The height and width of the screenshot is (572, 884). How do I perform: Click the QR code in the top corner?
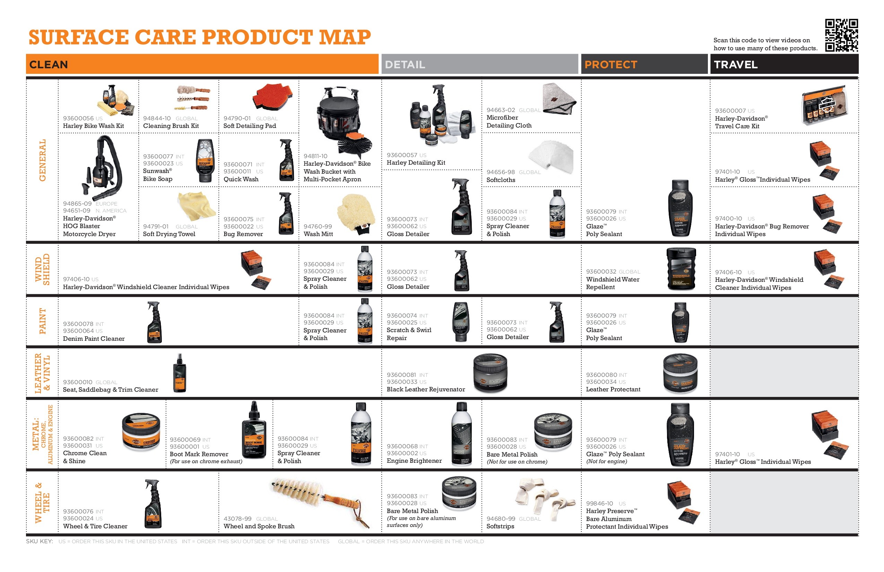point(841,35)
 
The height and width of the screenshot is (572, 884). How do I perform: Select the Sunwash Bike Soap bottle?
point(205,161)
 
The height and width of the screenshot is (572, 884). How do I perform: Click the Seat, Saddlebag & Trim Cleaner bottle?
point(180,373)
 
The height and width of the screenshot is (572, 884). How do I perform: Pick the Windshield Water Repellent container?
point(681,269)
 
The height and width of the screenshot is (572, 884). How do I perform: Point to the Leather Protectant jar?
point(681,373)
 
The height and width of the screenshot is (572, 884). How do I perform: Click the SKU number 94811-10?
point(315,156)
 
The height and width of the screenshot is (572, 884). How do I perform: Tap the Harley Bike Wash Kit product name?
point(93,126)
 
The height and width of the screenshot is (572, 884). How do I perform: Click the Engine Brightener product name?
point(414,461)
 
